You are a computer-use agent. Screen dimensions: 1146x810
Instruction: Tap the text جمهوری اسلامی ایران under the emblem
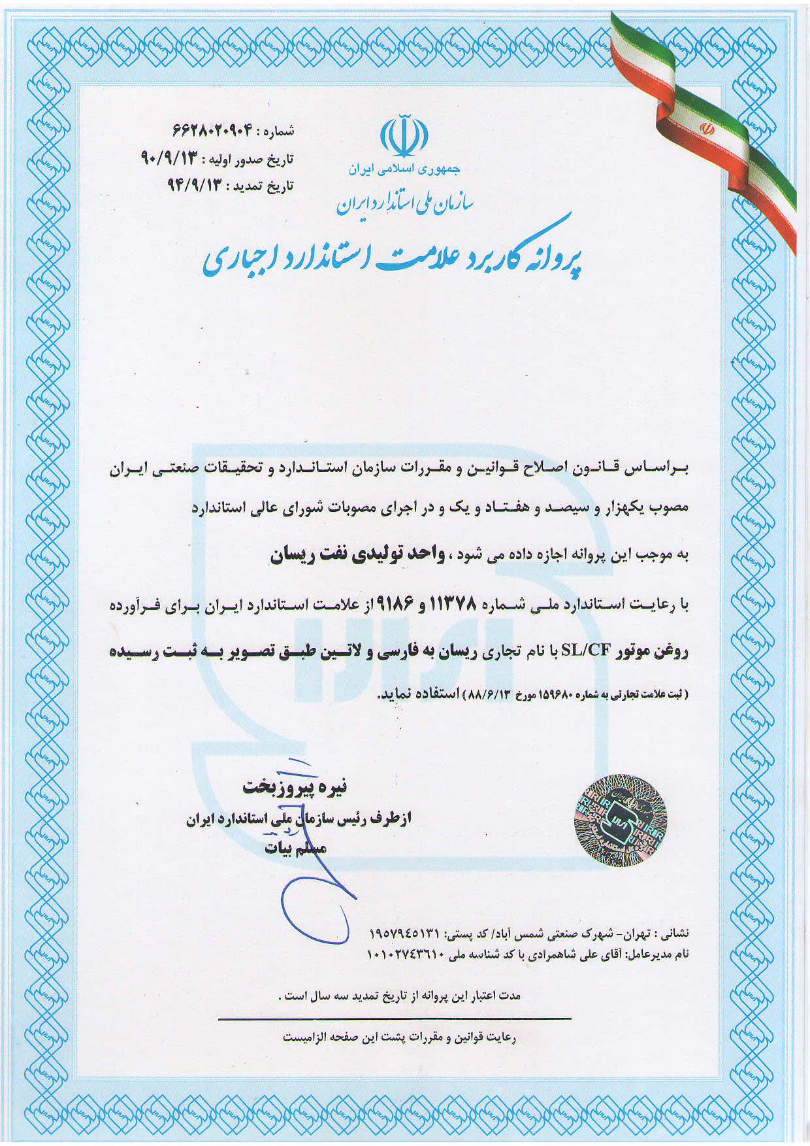pos(404,169)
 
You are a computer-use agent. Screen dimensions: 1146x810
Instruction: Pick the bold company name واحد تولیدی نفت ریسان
pos(359,555)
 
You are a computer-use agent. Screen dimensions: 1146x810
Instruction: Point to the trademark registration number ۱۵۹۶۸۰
pos(554,694)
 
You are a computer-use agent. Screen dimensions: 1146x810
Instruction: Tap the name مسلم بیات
pos(295,849)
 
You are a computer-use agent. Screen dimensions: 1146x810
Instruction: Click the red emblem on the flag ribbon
pos(705,128)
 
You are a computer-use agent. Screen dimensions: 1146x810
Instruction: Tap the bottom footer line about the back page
pos(400,1037)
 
